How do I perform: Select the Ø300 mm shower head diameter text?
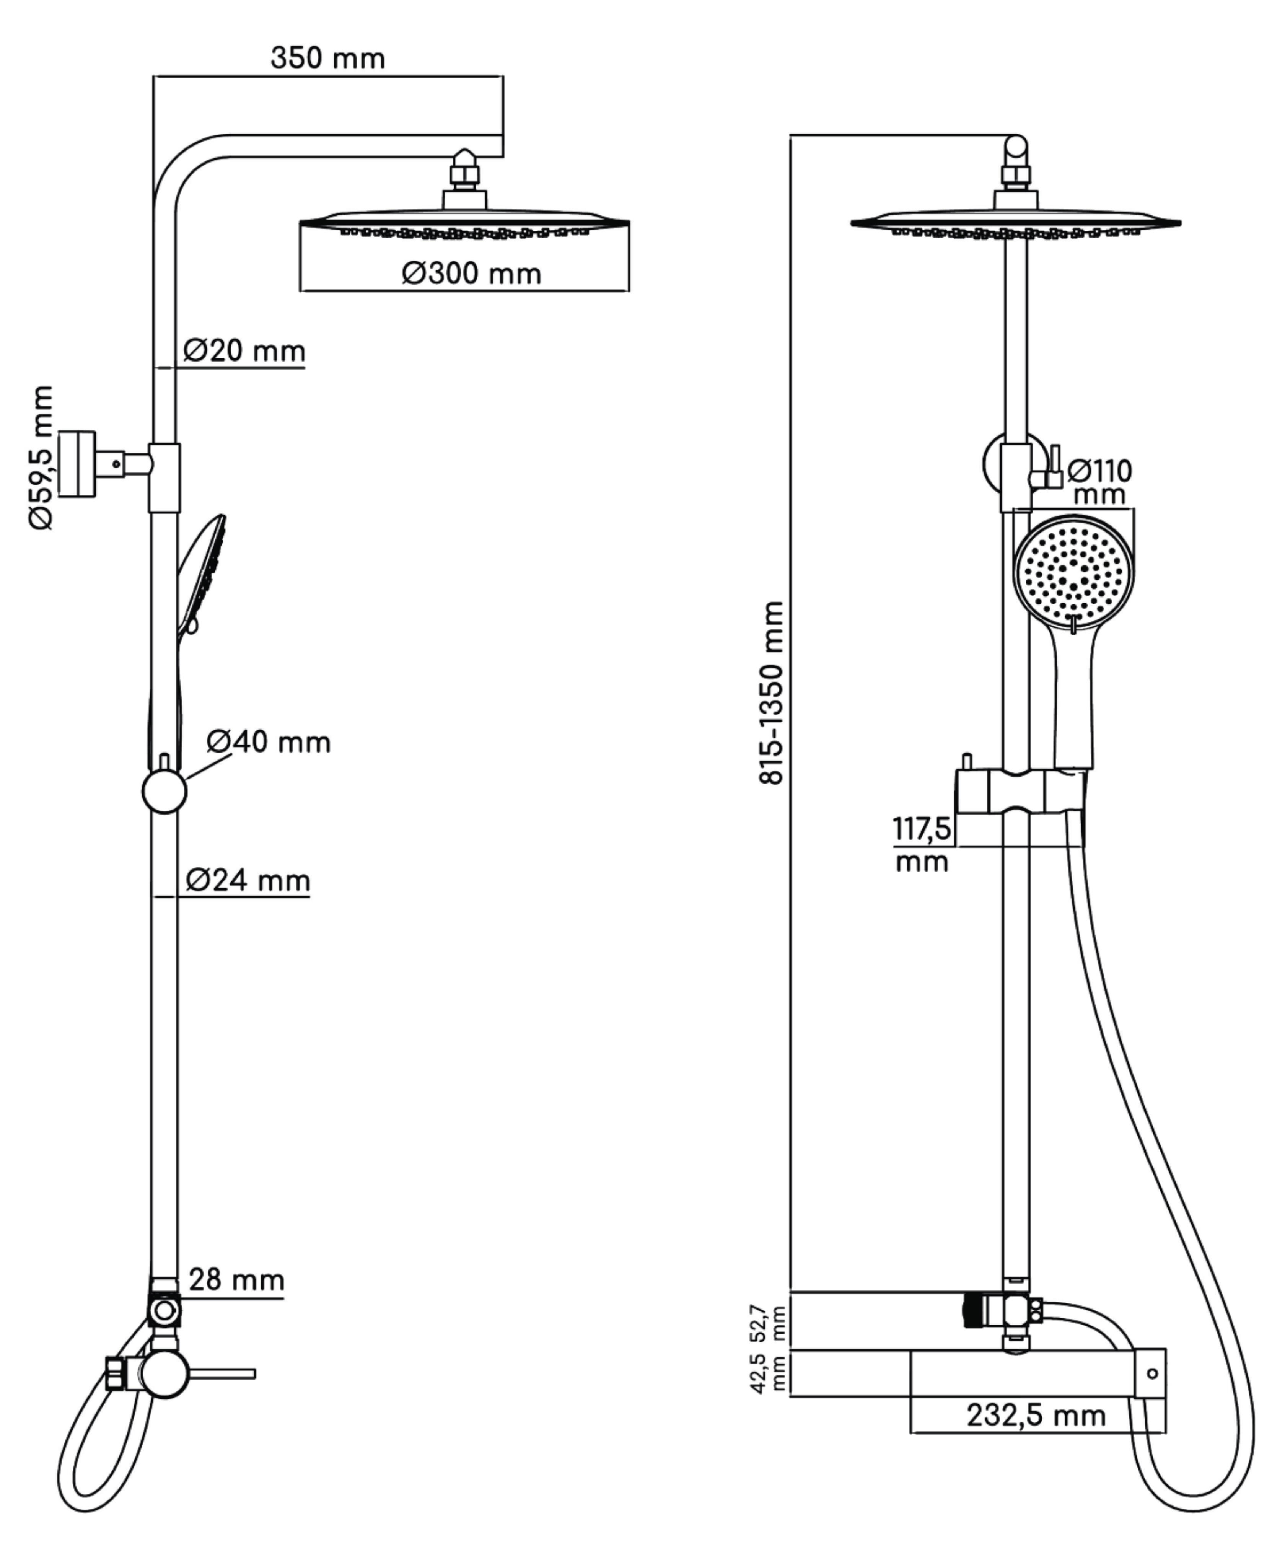[x=471, y=274]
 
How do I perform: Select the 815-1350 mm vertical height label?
[x=772, y=692]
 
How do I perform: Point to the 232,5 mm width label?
[x=1036, y=1414]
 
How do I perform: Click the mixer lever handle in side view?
[x=223, y=1373]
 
